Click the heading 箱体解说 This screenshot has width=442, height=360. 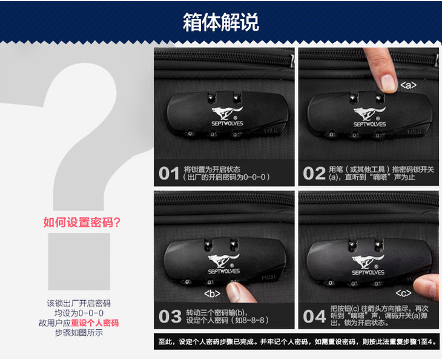221,22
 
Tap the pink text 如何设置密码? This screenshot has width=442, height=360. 82,222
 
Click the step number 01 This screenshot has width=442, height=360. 169,173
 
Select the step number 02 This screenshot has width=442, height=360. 314,173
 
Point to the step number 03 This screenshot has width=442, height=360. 170,316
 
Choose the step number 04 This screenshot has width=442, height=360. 314,316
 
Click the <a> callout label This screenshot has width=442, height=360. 408,85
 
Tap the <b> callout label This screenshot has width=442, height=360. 213,294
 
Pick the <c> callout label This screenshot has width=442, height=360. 403,293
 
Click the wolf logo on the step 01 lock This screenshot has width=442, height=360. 227,113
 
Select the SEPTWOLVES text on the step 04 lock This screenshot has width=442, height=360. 368,272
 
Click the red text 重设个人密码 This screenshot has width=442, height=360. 94,323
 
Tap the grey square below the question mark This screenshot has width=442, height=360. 79,261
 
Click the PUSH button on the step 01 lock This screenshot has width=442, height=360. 271,131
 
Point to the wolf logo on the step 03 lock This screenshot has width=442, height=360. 223,261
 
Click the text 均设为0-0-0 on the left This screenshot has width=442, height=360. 79,313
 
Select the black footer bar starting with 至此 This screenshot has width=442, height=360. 297,342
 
